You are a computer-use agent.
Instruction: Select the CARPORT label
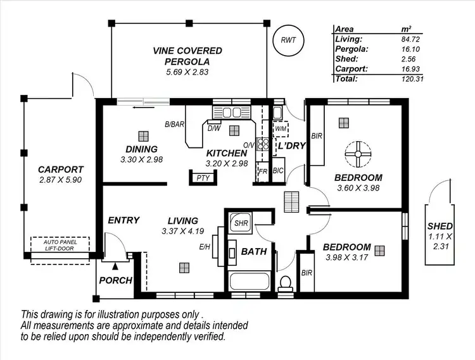tap(61, 169)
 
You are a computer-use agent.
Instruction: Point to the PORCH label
tap(116, 280)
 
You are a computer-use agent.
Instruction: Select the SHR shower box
tap(241, 223)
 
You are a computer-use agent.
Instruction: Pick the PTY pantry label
tap(203, 178)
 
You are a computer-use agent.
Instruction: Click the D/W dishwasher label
tap(213, 128)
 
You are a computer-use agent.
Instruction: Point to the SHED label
tap(440, 226)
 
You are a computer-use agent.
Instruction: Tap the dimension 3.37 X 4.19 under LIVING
tap(184, 231)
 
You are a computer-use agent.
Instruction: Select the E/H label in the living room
tap(204, 247)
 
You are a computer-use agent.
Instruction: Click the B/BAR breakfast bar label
tap(175, 124)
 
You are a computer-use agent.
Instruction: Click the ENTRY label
tap(123, 220)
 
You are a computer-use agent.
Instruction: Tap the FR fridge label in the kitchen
tap(262, 171)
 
